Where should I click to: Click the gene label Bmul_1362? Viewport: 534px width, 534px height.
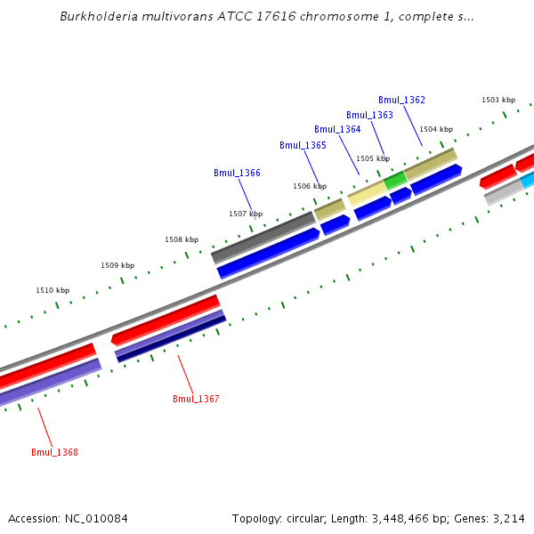point(401,100)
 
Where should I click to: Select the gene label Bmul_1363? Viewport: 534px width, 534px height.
point(369,115)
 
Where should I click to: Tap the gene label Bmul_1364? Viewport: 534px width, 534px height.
point(337,130)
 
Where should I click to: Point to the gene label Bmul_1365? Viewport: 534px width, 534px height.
point(303,145)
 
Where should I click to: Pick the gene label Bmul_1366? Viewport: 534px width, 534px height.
point(237,173)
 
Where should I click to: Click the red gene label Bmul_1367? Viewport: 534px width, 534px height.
point(196,399)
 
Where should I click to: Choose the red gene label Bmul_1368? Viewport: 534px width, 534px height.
point(54,452)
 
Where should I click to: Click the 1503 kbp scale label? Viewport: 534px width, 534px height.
point(498,101)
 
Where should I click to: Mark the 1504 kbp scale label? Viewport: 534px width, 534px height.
point(436,129)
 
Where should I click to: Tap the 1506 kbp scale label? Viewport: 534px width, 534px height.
point(310,186)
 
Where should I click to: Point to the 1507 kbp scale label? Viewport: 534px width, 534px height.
point(246,214)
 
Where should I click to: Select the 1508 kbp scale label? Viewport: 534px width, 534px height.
point(182,239)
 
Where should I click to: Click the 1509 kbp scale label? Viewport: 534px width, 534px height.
point(117,265)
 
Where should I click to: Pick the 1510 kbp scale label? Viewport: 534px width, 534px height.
point(53,290)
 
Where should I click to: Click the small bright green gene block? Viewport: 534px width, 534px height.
point(395,180)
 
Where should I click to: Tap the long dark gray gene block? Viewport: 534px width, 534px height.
point(263,236)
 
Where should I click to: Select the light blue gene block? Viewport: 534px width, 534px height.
point(528,181)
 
